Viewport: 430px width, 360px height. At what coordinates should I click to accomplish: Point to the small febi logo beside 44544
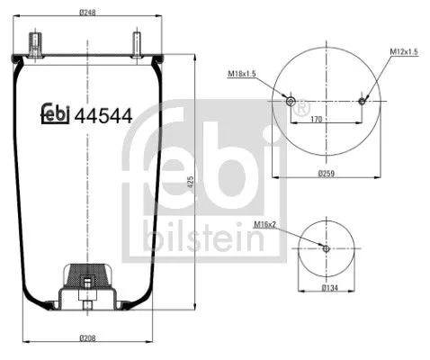(x=57, y=113)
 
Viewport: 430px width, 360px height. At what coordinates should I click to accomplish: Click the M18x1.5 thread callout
(x=241, y=73)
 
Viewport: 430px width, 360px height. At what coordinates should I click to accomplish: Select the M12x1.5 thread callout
(x=403, y=52)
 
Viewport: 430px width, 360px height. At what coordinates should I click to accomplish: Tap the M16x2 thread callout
(x=264, y=223)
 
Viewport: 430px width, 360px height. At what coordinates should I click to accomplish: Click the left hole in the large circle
(x=290, y=101)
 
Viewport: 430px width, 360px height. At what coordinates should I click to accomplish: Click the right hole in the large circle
(x=362, y=101)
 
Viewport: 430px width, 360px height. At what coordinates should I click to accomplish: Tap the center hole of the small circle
(x=326, y=247)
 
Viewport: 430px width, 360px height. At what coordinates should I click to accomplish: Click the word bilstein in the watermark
(x=203, y=239)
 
